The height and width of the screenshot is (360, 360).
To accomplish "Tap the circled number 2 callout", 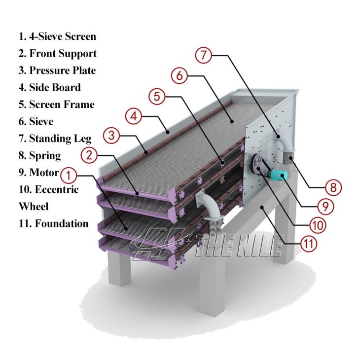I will (89, 155).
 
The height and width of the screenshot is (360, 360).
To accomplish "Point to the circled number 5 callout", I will (156, 97).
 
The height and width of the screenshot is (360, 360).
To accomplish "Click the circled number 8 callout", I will (333, 187).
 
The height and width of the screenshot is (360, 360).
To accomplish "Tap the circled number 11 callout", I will (309, 243).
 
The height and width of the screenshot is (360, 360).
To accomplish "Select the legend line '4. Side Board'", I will (50, 87).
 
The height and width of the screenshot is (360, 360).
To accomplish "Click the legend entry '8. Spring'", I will (40, 155).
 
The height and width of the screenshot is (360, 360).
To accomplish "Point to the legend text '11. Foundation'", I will (54, 223).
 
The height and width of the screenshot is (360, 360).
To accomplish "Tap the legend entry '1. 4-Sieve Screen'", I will (57, 36).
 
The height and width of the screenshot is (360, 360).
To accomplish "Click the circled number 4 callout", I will (134, 116).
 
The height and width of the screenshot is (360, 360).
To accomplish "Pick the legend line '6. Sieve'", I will (36, 121).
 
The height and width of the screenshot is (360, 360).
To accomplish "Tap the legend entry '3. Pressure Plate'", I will (57, 71).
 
